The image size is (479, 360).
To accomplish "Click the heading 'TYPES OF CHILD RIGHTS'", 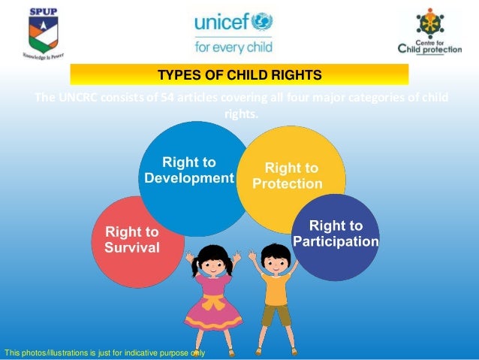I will point(239,75).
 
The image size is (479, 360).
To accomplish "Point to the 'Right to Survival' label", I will point(132,239).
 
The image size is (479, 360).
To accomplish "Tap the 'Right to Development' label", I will point(189,170).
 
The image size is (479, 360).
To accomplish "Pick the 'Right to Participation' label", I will point(336,233).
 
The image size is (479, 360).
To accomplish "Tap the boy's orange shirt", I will point(277,288).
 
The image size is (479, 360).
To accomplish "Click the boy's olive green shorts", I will point(276,313).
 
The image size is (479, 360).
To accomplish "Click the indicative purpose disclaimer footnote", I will point(104,352).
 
